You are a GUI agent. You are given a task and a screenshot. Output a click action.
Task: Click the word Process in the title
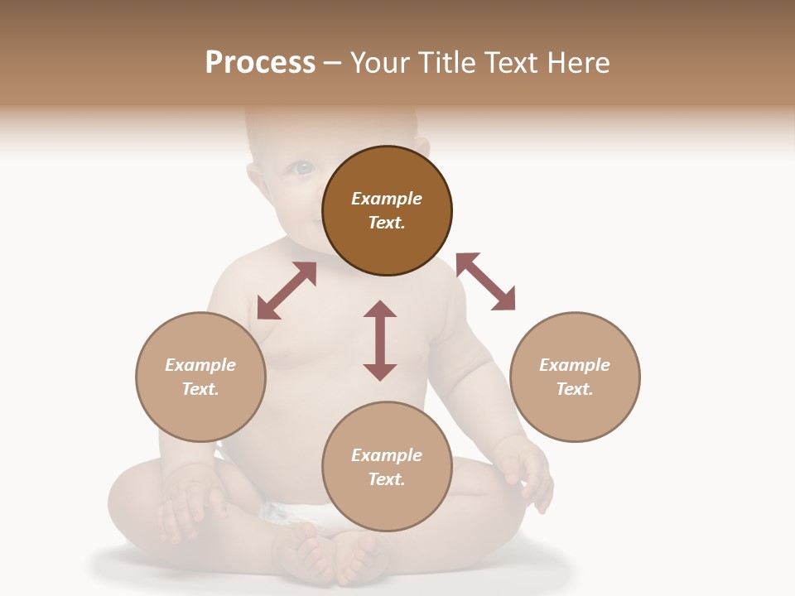[x=260, y=63]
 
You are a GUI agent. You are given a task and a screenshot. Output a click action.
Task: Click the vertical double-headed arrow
[x=380, y=340]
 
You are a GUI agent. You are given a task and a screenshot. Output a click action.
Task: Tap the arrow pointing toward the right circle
[x=486, y=281]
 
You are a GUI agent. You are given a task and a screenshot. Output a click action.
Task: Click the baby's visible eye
[x=303, y=168]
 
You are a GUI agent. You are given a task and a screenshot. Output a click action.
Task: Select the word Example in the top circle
[x=387, y=199]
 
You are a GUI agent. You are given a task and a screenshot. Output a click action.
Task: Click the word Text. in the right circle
[x=575, y=389]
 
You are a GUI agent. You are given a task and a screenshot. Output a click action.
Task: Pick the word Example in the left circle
[x=200, y=365]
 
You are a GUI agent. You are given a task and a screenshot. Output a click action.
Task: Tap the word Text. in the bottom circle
[x=387, y=479]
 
